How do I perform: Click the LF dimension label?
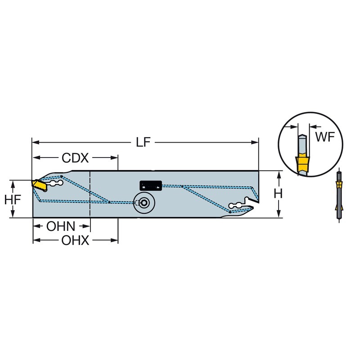(x=143, y=142)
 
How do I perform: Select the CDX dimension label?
(x=75, y=158)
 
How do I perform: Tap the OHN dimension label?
(x=61, y=226)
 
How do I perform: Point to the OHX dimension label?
(x=75, y=241)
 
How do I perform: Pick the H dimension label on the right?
(x=278, y=194)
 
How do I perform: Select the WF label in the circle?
(x=325, y=137)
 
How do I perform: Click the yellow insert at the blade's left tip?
(x=39, y=185)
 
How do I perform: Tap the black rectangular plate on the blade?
(x=151, y=185)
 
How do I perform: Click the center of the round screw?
(x=144, y=203)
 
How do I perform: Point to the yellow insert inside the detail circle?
(x=302, y=164)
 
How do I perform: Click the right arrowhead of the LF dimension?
(x=255, y=142)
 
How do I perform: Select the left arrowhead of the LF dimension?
(x=36, y=142)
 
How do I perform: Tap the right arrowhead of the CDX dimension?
(x=114, y=158)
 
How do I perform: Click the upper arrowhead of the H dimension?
(x=279, y=175)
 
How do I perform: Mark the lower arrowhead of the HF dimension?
(x=13, y=213)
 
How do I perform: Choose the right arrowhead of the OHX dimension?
(x=114, y=240)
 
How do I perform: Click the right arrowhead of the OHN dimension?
(x=86, y=226)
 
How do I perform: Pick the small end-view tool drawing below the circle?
(x=339, y=195)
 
